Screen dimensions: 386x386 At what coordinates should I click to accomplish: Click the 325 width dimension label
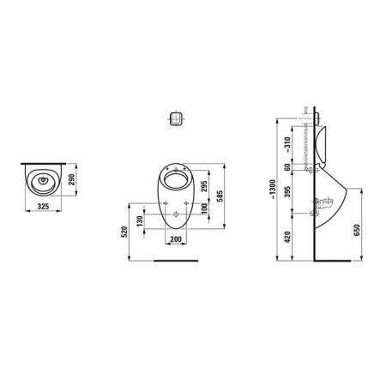pos(44,207)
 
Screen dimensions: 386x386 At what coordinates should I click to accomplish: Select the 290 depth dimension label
pos(71,179)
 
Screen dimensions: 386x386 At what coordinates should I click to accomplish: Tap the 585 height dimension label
pos(220,196)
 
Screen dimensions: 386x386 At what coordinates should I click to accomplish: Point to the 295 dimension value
pos(204,186)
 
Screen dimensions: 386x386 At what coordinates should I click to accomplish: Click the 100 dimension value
pos(204,208)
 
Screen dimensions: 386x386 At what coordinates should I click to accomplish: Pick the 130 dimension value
pos(140,221)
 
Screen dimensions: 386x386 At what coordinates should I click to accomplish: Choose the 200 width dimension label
pos(176,239)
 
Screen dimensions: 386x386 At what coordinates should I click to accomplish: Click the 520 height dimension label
pos(124,232)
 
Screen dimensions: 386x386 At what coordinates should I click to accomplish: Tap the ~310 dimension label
pos(287,144)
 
